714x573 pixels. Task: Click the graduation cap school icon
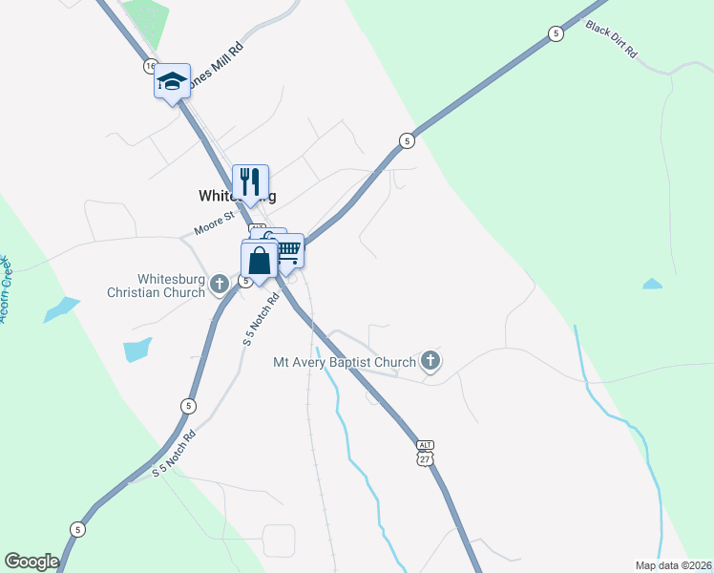[x=172, y=81]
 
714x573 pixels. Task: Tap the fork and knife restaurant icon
[x=250, y=181]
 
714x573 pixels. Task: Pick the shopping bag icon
[x=260, y=260]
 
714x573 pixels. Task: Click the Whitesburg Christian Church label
[x=172, y=286]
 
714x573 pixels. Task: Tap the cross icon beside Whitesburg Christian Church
[x=220, y=283]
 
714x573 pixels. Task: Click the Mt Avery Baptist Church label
[x=345, y=362]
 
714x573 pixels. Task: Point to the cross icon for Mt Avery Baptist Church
[x=430, y=361]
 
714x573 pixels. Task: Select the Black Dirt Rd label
[x=611, y=40]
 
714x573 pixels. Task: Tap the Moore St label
[x=214, y=225]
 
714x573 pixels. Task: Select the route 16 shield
[x=151, y=65]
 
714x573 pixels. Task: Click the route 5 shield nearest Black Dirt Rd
[x=556, y=33]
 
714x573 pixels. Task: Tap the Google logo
[x=31, y=562]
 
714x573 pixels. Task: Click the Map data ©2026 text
[x=673, y=564]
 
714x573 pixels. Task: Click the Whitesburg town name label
[x=237, y=196]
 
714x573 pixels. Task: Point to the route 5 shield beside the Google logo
[x=78, y=528]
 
